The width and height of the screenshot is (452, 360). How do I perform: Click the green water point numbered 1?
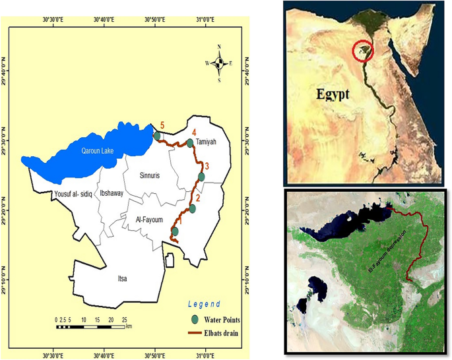175,231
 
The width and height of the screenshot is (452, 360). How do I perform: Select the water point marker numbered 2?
193,209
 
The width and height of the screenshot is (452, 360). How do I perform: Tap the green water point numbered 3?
201,177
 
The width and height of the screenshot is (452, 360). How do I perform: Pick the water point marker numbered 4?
190,143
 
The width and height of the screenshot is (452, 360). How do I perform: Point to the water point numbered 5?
157,136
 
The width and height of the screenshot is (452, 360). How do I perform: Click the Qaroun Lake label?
98,151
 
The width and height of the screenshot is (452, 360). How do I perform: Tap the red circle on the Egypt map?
362,51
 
